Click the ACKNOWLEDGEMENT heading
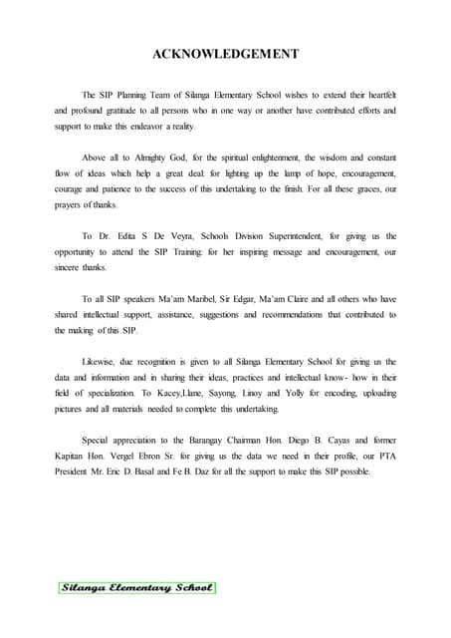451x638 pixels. [224, 54]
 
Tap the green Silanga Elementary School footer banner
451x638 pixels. [136, 587]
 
